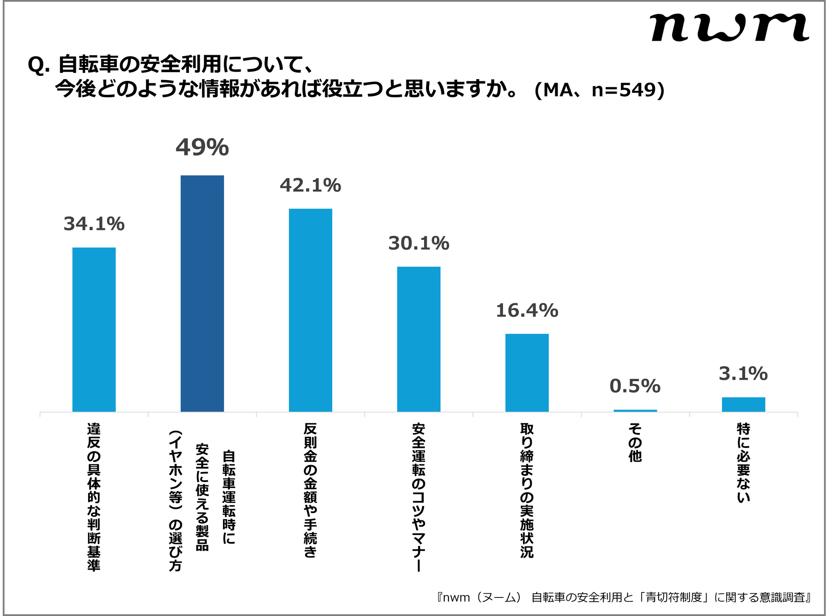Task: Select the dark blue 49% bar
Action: click(x=202, y=293)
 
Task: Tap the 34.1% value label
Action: click(x=94, y=224)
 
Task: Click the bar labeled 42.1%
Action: click(x=310, y=310)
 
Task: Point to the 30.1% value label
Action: click(x=419, y=244)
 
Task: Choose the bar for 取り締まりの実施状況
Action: click(x=527, y=372)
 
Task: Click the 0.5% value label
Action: click(x=635, y=386)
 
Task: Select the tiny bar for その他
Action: click(x=635, y=410)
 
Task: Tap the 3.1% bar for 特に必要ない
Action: click(x=743, y=404)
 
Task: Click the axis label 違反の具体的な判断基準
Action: click(x=94, y=497)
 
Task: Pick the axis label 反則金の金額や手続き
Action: click(x=310, y=490)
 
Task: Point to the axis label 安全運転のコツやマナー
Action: click(x=419, y=497)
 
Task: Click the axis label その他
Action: click(x=635, y=442)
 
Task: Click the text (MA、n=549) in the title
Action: click(x=599, y=90)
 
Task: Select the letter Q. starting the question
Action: click(x=39, y=65)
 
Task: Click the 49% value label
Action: click(x=202, y=148)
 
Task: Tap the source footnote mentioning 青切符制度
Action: click(x=624, y=597)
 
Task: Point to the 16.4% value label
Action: click(x=527, y=311)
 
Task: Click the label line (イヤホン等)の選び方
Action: click(x=175, y=501)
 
